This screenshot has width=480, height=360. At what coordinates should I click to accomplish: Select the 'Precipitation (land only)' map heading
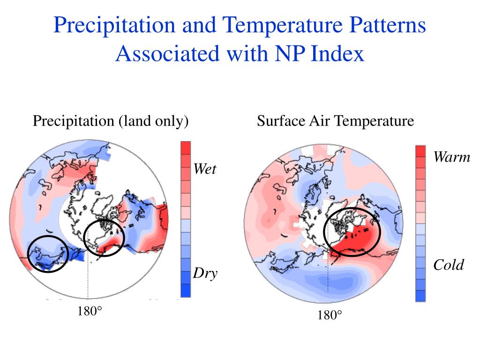point(111,121)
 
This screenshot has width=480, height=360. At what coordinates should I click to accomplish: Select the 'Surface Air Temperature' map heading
point(335,121)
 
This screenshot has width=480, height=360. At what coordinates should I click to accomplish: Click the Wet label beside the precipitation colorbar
point(205,169)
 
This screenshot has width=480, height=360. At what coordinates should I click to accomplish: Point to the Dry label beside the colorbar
point(205,273)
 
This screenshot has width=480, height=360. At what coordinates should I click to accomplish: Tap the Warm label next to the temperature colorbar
point(451,157)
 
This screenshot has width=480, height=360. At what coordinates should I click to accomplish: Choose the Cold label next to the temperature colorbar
point(448,265)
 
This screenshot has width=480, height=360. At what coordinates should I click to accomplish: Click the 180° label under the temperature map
point(330,315)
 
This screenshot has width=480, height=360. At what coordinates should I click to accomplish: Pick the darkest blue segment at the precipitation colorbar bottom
point(186,291)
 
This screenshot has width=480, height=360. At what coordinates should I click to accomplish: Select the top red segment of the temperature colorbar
point(420,151)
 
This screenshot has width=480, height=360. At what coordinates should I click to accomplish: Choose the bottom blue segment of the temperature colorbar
point(420,295)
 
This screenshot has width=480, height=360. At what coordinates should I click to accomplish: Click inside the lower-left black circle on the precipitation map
point(48,254)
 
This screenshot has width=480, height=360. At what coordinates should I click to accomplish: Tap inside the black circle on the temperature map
point(352,232)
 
